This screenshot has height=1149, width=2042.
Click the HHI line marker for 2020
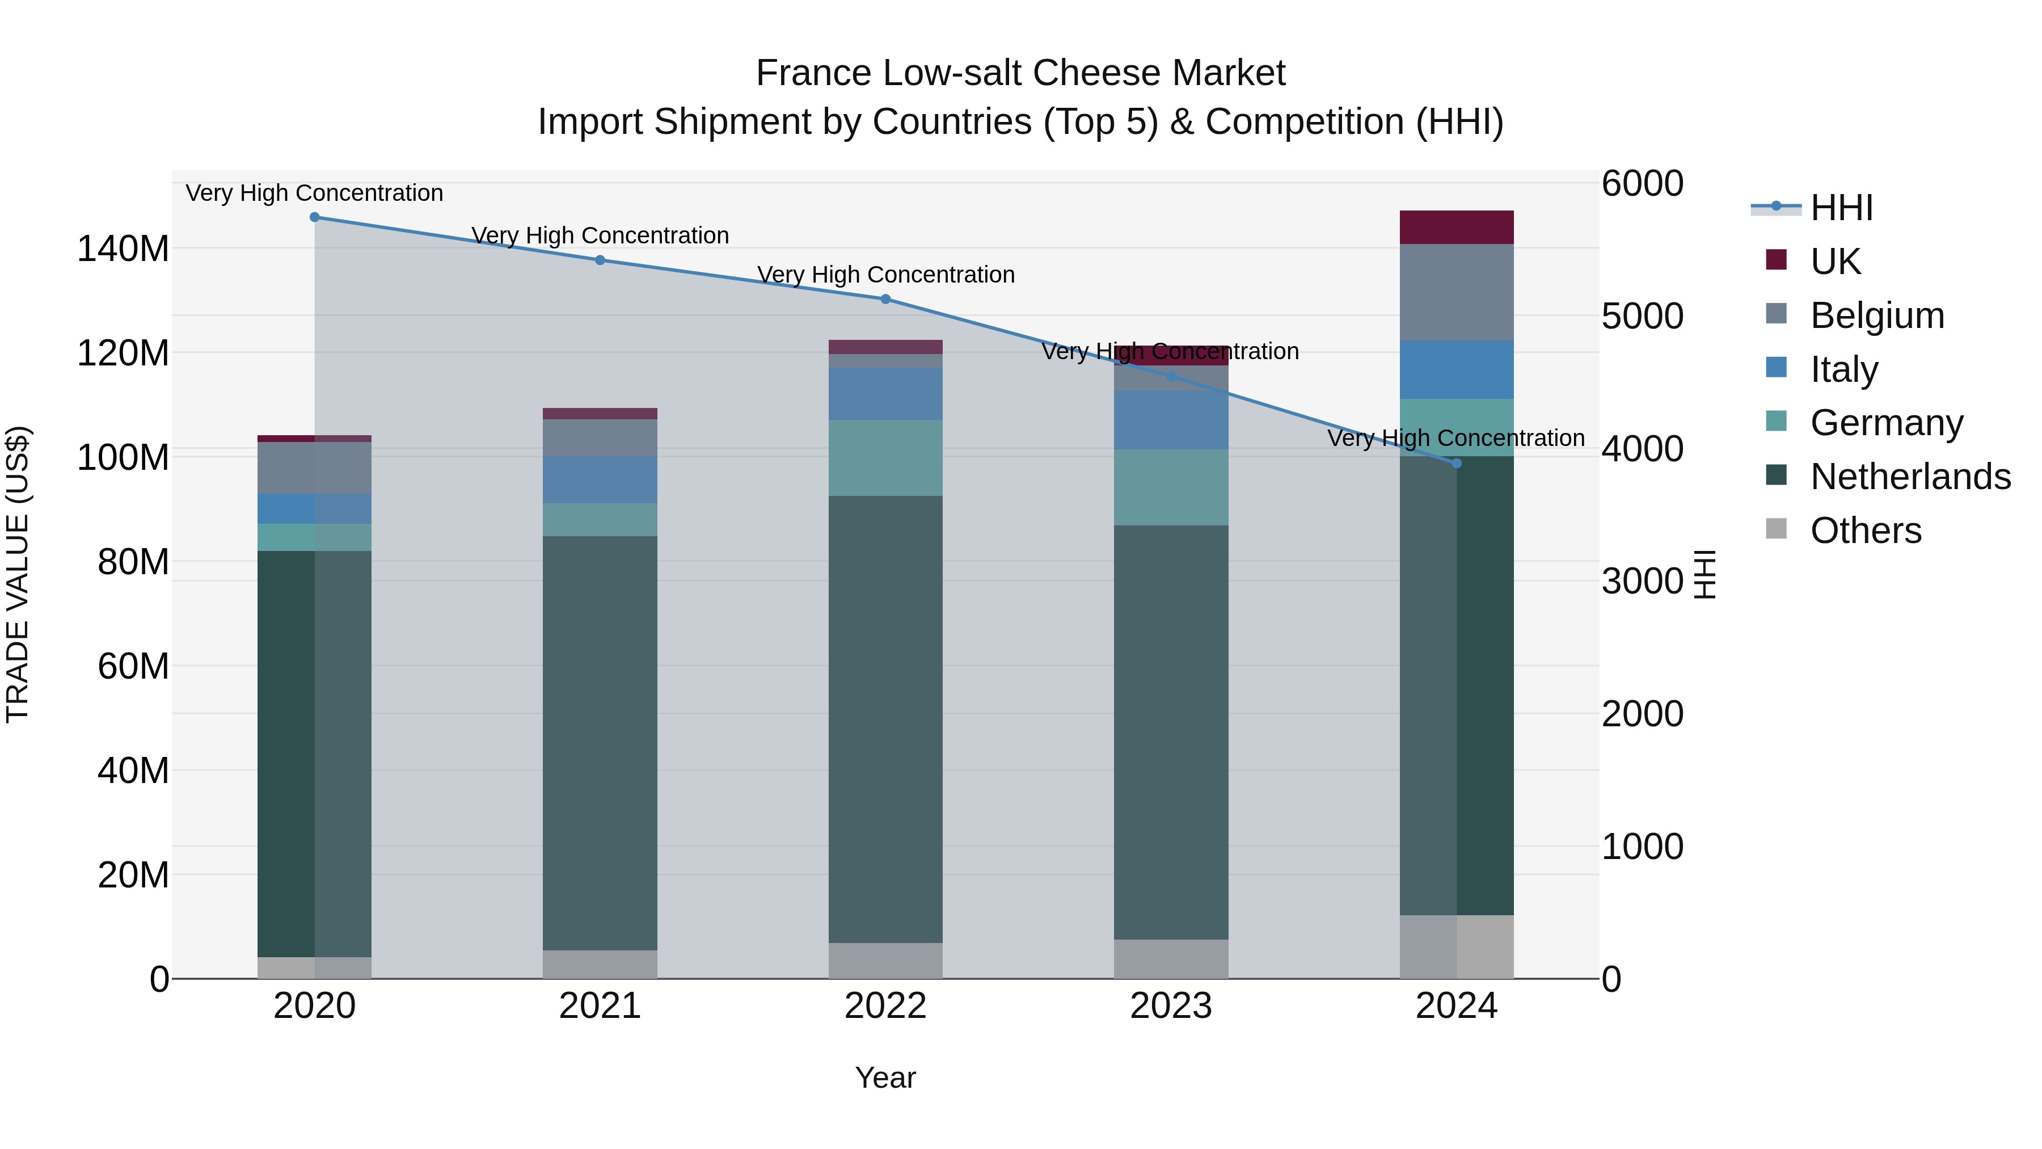coord(315,217)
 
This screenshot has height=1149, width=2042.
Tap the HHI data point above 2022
coord(885,299)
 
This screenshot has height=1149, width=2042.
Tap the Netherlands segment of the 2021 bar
coord(600,742)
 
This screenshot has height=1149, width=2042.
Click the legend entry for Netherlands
coord(1910,477)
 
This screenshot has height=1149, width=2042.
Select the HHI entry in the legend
coord(1841,208)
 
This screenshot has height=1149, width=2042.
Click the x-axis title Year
coord(885,1078)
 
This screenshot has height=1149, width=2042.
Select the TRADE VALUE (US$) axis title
coord(18,574)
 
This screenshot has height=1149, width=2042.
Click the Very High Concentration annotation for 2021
coord(600,235)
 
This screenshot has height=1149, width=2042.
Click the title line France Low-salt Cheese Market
coord(1020,73)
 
